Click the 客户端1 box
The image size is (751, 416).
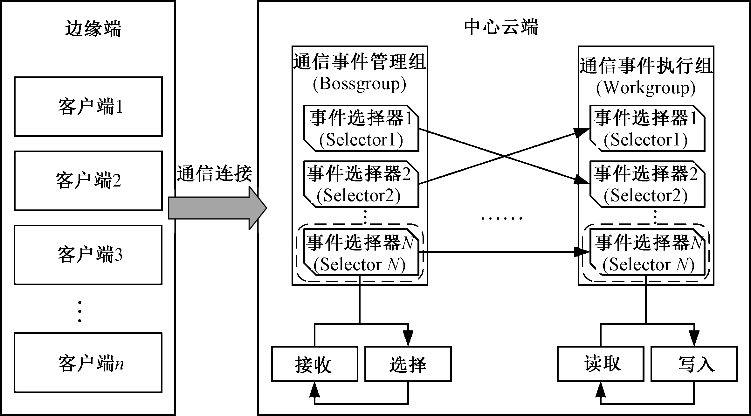point(88,107)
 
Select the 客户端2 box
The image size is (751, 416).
point(88,180)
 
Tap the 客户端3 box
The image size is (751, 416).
point(88,255)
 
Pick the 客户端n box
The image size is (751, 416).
point(88,363)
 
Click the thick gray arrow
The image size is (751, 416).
point(216,208)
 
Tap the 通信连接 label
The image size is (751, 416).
point(214,174)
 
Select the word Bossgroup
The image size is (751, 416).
point(360,84)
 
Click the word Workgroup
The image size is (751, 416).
point(646,88)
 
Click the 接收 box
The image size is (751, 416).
point(314,364)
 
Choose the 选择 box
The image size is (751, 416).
point(408,364)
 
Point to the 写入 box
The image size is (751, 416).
point(694,364)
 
